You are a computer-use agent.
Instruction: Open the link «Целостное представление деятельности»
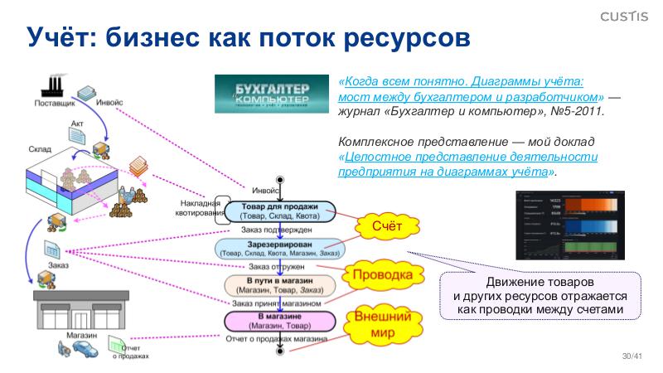[468, 157]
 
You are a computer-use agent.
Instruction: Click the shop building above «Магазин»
[70, 311]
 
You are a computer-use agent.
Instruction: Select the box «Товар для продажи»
[279, 211]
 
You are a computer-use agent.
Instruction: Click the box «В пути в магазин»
[281, 285]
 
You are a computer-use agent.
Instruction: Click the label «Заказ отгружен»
[277, 267]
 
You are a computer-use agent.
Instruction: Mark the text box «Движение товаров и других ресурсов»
[540, 296]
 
